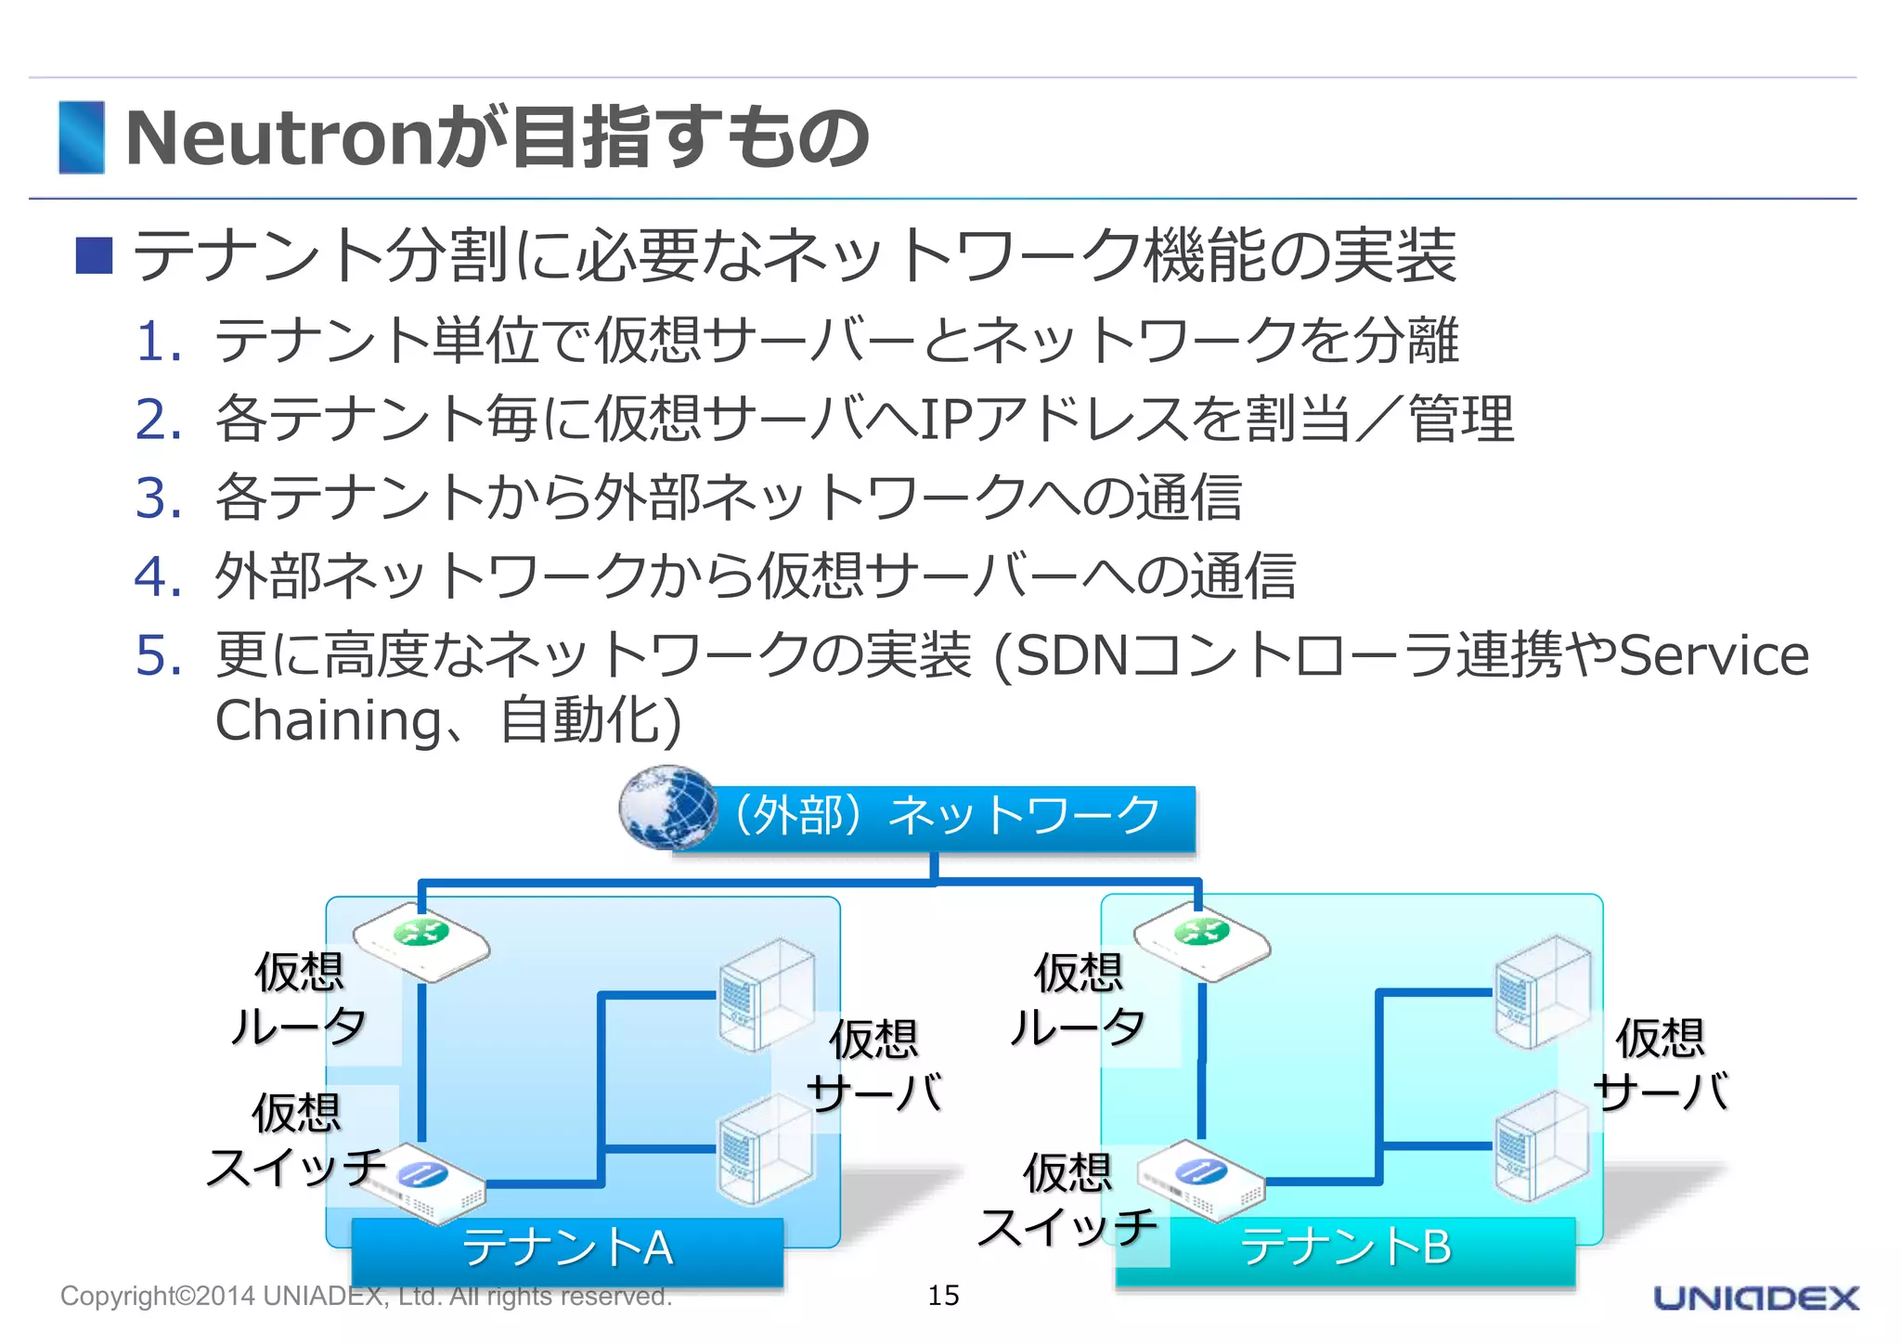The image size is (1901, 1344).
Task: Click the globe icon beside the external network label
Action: (x=667, y=807)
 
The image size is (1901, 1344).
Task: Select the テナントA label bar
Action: (x=567, y=1248)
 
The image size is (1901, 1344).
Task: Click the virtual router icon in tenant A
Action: (x=421, y=940)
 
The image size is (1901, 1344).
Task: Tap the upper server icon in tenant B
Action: (x=1543, y=992)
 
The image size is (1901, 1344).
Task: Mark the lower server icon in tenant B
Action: (x=1543, y=1147)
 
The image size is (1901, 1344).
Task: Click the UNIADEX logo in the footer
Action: (x=1755, y=1298)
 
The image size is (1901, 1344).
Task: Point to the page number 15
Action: (x=943, y=1295)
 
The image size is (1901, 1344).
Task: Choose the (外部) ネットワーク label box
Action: (x=947, y=817)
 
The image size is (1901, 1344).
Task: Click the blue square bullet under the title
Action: (x=94, y=255)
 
